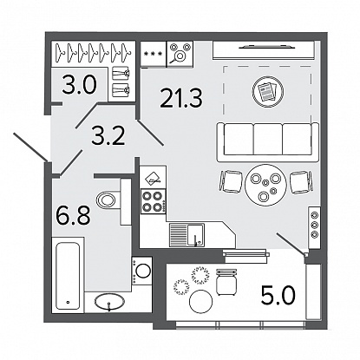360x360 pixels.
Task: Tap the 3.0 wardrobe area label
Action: [x=79, y=83]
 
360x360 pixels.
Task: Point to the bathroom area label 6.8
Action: [x=73, y=214]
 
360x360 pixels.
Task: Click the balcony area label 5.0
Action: [x=278, y=296]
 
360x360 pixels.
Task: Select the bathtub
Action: [x=69, y=275]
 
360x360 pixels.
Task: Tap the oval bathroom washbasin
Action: [x=109, y=302]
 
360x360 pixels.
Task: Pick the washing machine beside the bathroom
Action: [x=141, y=271]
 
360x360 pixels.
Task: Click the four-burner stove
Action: [x=153, y=201]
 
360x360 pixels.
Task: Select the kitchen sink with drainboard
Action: [x=187, y=235]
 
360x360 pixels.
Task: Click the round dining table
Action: [x=265, y=185]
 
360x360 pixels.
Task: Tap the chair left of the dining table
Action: [x=231, y=181]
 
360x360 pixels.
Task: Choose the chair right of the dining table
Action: [x=301, y=182]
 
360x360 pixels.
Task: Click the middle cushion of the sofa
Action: [x=268, y=139]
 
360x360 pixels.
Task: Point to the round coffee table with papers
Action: [x=268, y=91]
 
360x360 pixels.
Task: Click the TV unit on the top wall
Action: [x=264, y=50]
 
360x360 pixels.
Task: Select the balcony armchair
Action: [x=226, y=281]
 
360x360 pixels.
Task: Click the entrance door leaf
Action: [x=31, y=147]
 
